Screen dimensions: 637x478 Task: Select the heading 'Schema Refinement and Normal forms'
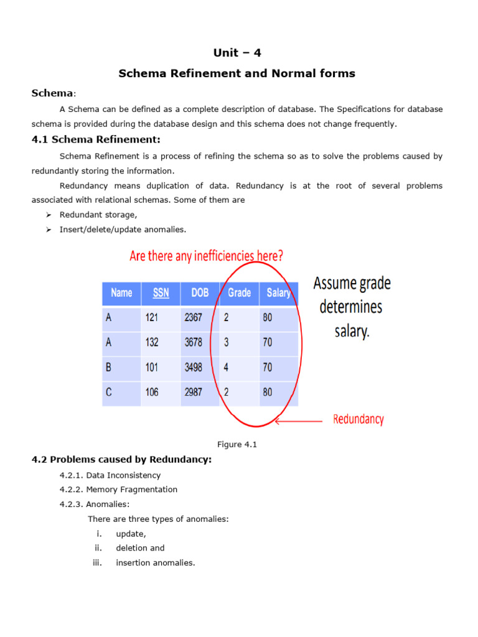pyautogui.click(x=237, y=73)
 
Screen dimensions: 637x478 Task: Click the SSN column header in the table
pyautogui.click(x=161, y=293)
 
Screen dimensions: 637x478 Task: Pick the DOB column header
pyautogui.click(x=200, y=293)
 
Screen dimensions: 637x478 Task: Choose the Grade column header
pyautogui.click(x=239, y=293)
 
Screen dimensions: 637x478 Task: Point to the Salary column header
pyautogui.click(x=278, y=293)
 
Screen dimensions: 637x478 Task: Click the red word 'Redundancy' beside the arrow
pyautogui.click(x=358, y=419)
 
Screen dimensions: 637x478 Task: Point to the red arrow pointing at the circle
pyautogui.click(x=299, y=421)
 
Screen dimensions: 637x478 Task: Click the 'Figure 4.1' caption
pyautogui.click(x=237, y=444)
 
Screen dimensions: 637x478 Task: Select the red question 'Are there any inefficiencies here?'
pyautogui.click(x=207, y=256)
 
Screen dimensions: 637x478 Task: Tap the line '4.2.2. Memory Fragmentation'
pyautogui.click(x=118, y=490)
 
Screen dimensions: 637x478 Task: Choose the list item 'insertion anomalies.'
pyautogui.click(x=156, y=563)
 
